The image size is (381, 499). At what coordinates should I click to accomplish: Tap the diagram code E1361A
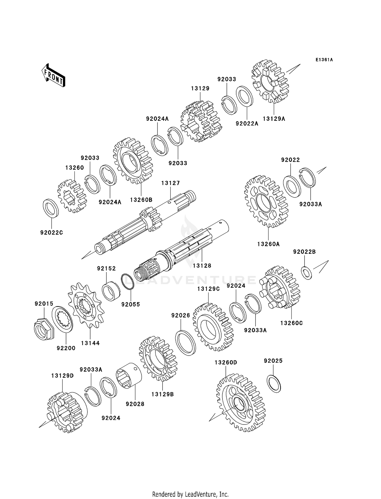(324, 60)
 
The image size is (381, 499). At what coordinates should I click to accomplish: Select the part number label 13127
(170, 183)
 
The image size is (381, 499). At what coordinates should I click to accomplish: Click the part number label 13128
(202, 266)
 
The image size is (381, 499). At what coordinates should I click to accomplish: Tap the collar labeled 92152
(111, 291)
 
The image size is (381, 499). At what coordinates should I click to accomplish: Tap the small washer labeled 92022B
(307, 273)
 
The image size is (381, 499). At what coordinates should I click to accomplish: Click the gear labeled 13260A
(266, 201)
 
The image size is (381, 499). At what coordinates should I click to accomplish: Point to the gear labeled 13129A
(270, 81)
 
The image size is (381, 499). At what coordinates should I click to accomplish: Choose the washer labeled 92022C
(51, 209)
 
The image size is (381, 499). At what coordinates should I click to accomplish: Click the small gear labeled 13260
(72, 196)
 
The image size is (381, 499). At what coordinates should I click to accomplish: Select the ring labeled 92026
(185, 343)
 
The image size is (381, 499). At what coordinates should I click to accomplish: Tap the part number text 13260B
(141, 200)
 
